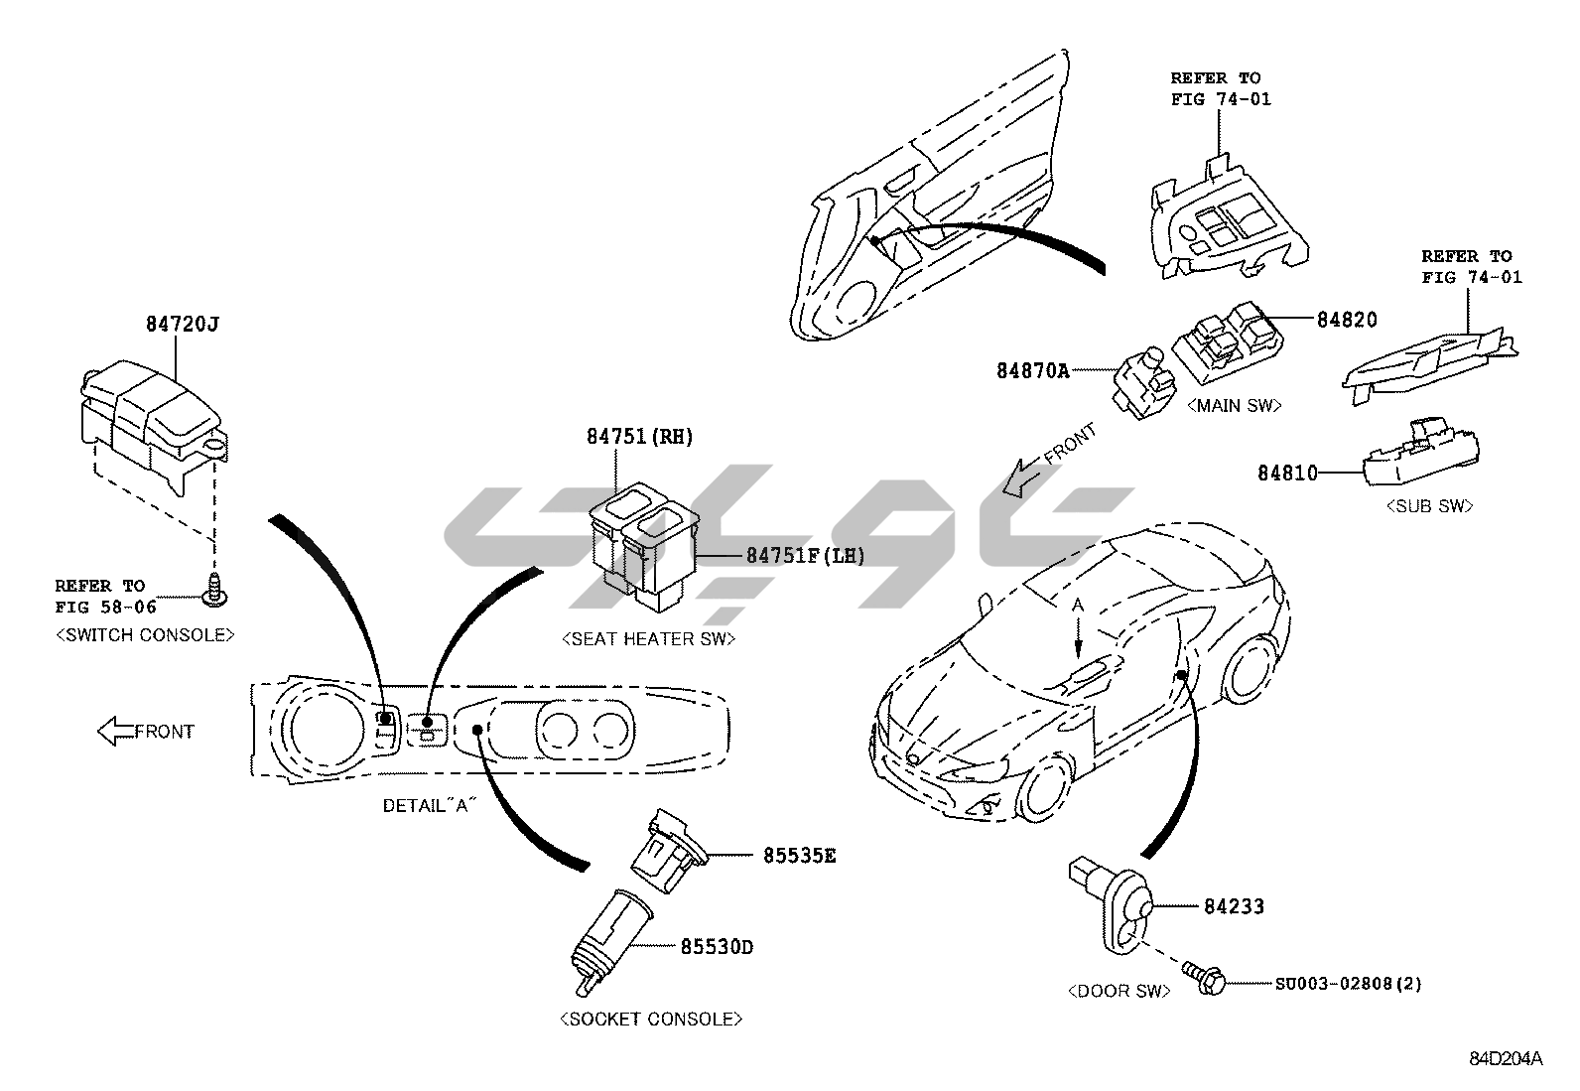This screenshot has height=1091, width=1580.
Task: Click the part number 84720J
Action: point(182,324)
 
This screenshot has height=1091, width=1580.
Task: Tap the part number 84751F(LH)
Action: point(805,556)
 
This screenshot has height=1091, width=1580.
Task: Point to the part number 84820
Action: point(1347,320)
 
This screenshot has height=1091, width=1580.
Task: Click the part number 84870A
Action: point(1033,370)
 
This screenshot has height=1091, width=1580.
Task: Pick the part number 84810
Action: point(1288,474)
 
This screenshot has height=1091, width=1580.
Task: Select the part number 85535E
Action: point(799,855)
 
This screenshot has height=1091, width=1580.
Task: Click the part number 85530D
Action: point(717,947)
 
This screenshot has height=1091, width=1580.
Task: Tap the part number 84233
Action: point(1234,906)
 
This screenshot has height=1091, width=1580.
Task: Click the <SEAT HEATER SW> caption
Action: point(649,639)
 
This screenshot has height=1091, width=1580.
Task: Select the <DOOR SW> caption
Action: point(1119,991)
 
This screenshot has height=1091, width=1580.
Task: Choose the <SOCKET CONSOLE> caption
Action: point(651,1019)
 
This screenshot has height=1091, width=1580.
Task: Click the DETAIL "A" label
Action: point(425,805)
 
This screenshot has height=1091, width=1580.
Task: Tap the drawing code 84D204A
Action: point(1506,1058)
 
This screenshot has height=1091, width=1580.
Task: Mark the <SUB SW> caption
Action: point(1429,506)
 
